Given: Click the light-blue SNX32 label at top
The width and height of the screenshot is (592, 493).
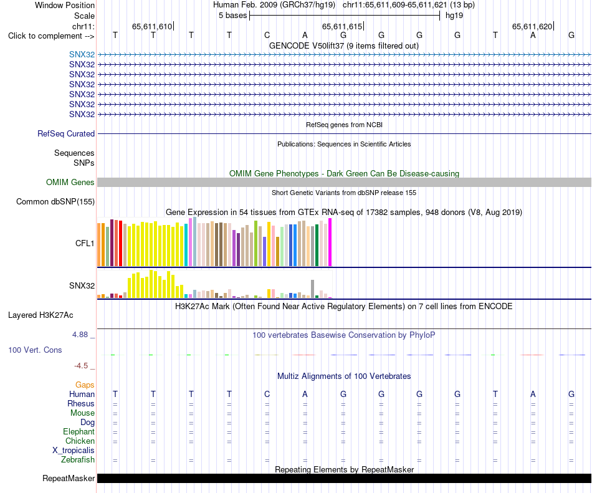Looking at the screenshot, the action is (x=82, y=55).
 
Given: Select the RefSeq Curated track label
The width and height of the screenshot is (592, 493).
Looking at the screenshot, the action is (x=66, y=133).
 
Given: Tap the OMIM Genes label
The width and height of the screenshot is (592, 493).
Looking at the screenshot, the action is (x=70, y=183).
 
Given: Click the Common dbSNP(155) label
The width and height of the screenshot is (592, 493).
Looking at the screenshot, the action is (x=55, y=201).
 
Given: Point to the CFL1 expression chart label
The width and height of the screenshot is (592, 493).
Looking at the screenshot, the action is (x=85, y=244).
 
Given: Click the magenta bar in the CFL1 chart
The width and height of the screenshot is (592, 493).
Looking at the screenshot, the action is (x=330, y=242).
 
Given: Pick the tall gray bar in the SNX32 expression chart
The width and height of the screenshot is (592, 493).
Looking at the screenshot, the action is (x=313, y=289).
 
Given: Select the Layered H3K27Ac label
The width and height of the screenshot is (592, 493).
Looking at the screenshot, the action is (x=41, y=315).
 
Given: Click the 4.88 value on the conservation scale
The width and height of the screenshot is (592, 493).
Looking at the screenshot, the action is (x=80, y=335).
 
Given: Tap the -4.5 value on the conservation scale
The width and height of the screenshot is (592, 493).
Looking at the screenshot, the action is (x=81, y=366).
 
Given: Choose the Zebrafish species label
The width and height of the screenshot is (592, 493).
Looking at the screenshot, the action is (x=78, y=460).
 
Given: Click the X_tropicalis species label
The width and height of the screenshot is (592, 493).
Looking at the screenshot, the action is (x=74, y=451).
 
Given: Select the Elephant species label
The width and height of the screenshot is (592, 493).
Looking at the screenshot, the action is (x=79, y=431).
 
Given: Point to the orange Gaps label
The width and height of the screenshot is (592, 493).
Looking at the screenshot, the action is (x=85, y=385).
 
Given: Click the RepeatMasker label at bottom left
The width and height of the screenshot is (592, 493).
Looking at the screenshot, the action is (x=69, y=478).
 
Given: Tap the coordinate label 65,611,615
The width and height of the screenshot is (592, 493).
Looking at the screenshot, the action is (x=342, y=26).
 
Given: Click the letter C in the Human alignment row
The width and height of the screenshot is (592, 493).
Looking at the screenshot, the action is (x=267, y=394).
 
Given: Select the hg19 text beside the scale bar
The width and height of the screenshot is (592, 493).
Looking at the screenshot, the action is (x=454, y=16).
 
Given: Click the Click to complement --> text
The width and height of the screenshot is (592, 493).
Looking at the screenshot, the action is (x=51, y=36).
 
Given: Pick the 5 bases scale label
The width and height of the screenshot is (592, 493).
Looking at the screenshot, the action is (x=232, y=16).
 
